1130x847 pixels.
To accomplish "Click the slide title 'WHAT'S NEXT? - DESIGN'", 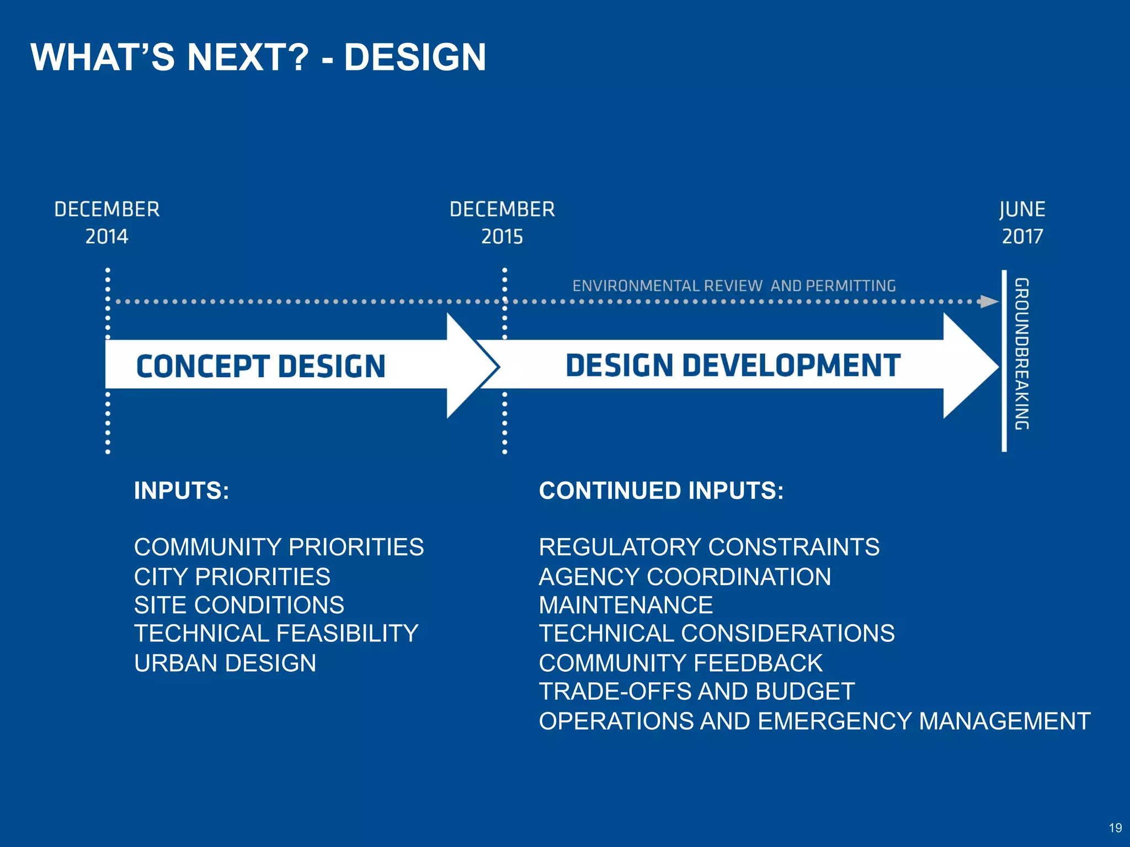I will coord(258,57).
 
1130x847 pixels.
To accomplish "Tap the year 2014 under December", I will coord(106,237).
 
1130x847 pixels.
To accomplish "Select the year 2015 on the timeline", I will coord(502,237).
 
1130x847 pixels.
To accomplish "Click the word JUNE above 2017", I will coord(1022,210).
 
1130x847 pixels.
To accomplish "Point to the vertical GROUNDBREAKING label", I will coord(1022,353).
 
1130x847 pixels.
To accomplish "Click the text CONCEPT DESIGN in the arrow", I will coord(260,366).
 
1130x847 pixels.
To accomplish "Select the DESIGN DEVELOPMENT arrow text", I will coord(733,366).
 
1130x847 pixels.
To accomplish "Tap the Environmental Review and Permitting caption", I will coord(734,286).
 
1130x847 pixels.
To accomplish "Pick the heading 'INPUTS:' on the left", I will coord(182,491).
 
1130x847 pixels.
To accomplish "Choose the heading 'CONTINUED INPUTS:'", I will coord(661,491).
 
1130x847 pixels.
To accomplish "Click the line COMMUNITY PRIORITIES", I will coord(279,547).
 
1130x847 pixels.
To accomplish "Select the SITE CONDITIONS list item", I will coord(239,605).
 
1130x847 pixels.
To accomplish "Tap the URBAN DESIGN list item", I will coord(225,663).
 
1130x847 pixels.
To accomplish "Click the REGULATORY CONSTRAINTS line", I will coord(709,547).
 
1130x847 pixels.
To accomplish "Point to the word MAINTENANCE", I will coord(626,605).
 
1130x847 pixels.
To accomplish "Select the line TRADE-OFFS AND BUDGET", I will coord(697,691).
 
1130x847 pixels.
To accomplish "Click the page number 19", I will coord(1115,828).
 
